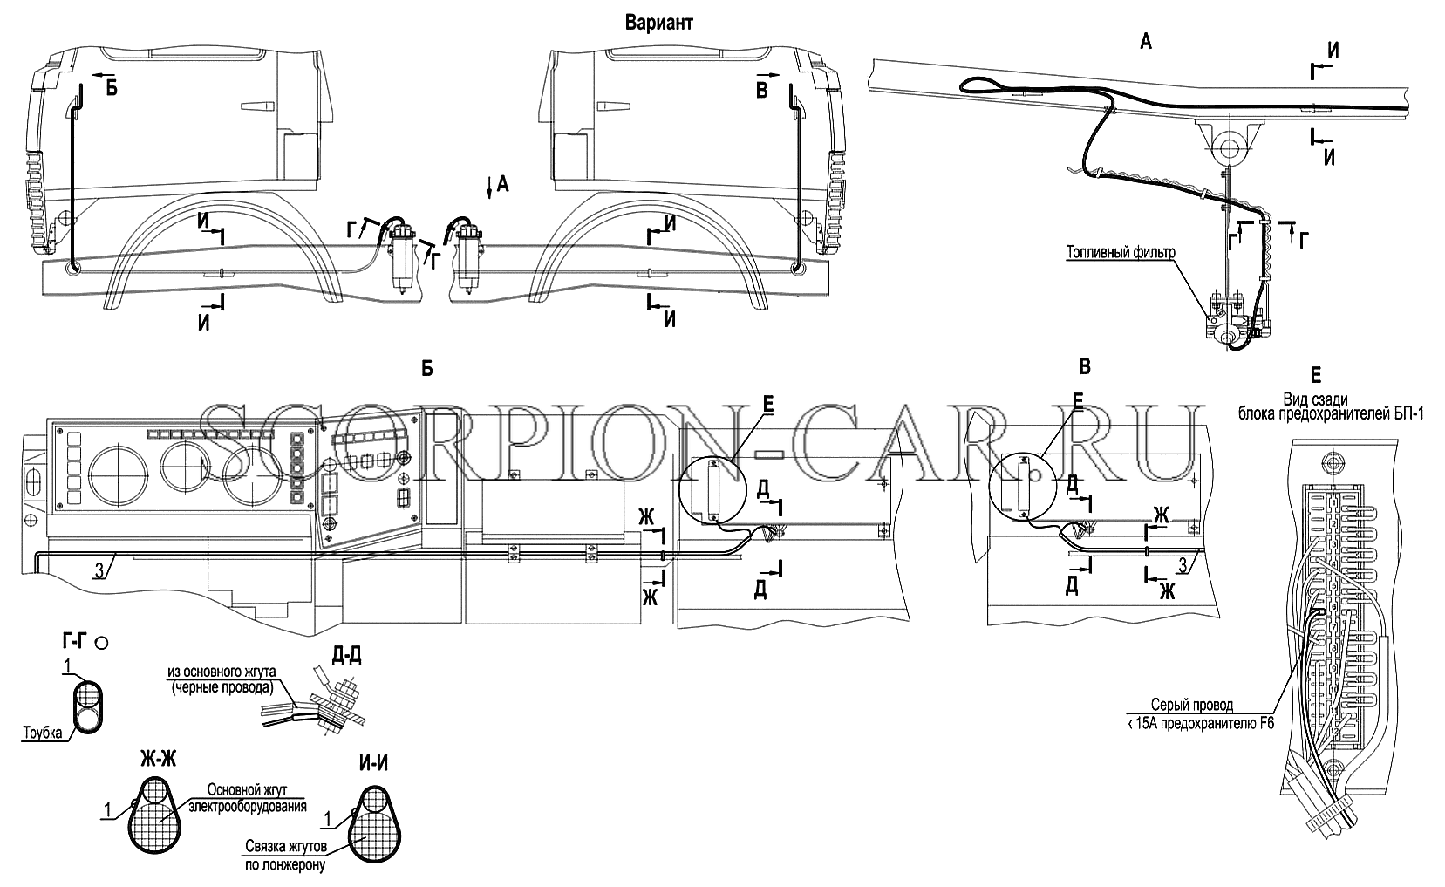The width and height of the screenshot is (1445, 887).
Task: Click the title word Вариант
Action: (658, 24)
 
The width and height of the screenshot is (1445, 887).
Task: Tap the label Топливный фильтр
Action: (1121, 252)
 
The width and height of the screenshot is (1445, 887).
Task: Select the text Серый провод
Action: (1191, 705)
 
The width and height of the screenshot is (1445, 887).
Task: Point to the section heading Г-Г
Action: (76, 641)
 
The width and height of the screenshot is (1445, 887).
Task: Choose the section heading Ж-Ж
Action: (158, 760)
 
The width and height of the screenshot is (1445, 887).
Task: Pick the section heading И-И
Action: (373, 763)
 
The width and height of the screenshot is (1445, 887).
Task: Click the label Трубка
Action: (43, 733)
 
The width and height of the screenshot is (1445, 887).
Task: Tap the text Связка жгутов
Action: (286, 847)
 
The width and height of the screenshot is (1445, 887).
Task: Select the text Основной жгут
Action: (247, 790)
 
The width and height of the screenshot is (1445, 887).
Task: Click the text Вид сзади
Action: (1315, 399)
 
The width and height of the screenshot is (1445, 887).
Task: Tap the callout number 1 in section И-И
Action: (328, 820)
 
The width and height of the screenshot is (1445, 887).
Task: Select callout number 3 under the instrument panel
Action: (99, 570)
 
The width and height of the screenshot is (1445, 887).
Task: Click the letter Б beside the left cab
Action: (112, 88)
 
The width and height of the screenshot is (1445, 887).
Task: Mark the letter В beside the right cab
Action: (762, 91)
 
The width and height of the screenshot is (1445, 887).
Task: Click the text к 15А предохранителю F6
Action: (1201, 724)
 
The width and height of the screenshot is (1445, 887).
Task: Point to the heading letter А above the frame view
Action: (1146, 42)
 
